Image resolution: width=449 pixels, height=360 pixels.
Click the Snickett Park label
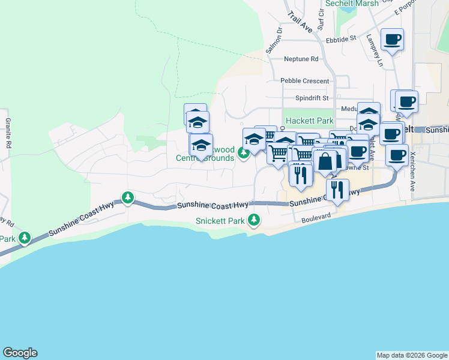tap(220, 221)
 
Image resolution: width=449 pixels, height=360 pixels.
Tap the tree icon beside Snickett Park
tap(254, 220)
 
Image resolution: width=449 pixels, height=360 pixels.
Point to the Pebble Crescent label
tap(304, 81)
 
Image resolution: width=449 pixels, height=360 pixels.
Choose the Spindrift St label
tap(312, 98)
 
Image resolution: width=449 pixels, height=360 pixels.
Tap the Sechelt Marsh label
tap(352, 4)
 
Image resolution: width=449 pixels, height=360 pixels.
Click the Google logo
tap(20, 353)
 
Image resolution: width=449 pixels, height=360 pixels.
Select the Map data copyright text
tap(411, 355)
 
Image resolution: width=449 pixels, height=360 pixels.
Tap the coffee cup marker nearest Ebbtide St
tap(392, 40)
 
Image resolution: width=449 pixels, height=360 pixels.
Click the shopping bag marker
tap(325, 161)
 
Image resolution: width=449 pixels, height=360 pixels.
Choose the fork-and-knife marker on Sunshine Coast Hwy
tap(337, 190)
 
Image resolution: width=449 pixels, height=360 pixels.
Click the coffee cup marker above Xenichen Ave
tap(397, 155)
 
